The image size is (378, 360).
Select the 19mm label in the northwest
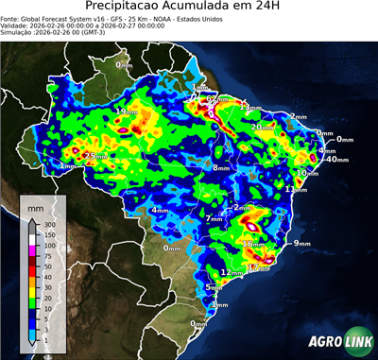[x=124, y=111]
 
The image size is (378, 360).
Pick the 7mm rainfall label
[x=214, y=219]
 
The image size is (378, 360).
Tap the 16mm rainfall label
[x=252, y=244]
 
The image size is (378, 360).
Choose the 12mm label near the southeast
[x=227, y=272]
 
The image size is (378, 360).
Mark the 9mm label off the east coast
[x=301, y=244]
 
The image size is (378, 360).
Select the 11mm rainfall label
[x=296, y=190]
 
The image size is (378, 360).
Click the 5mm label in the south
[x=214, y=287]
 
